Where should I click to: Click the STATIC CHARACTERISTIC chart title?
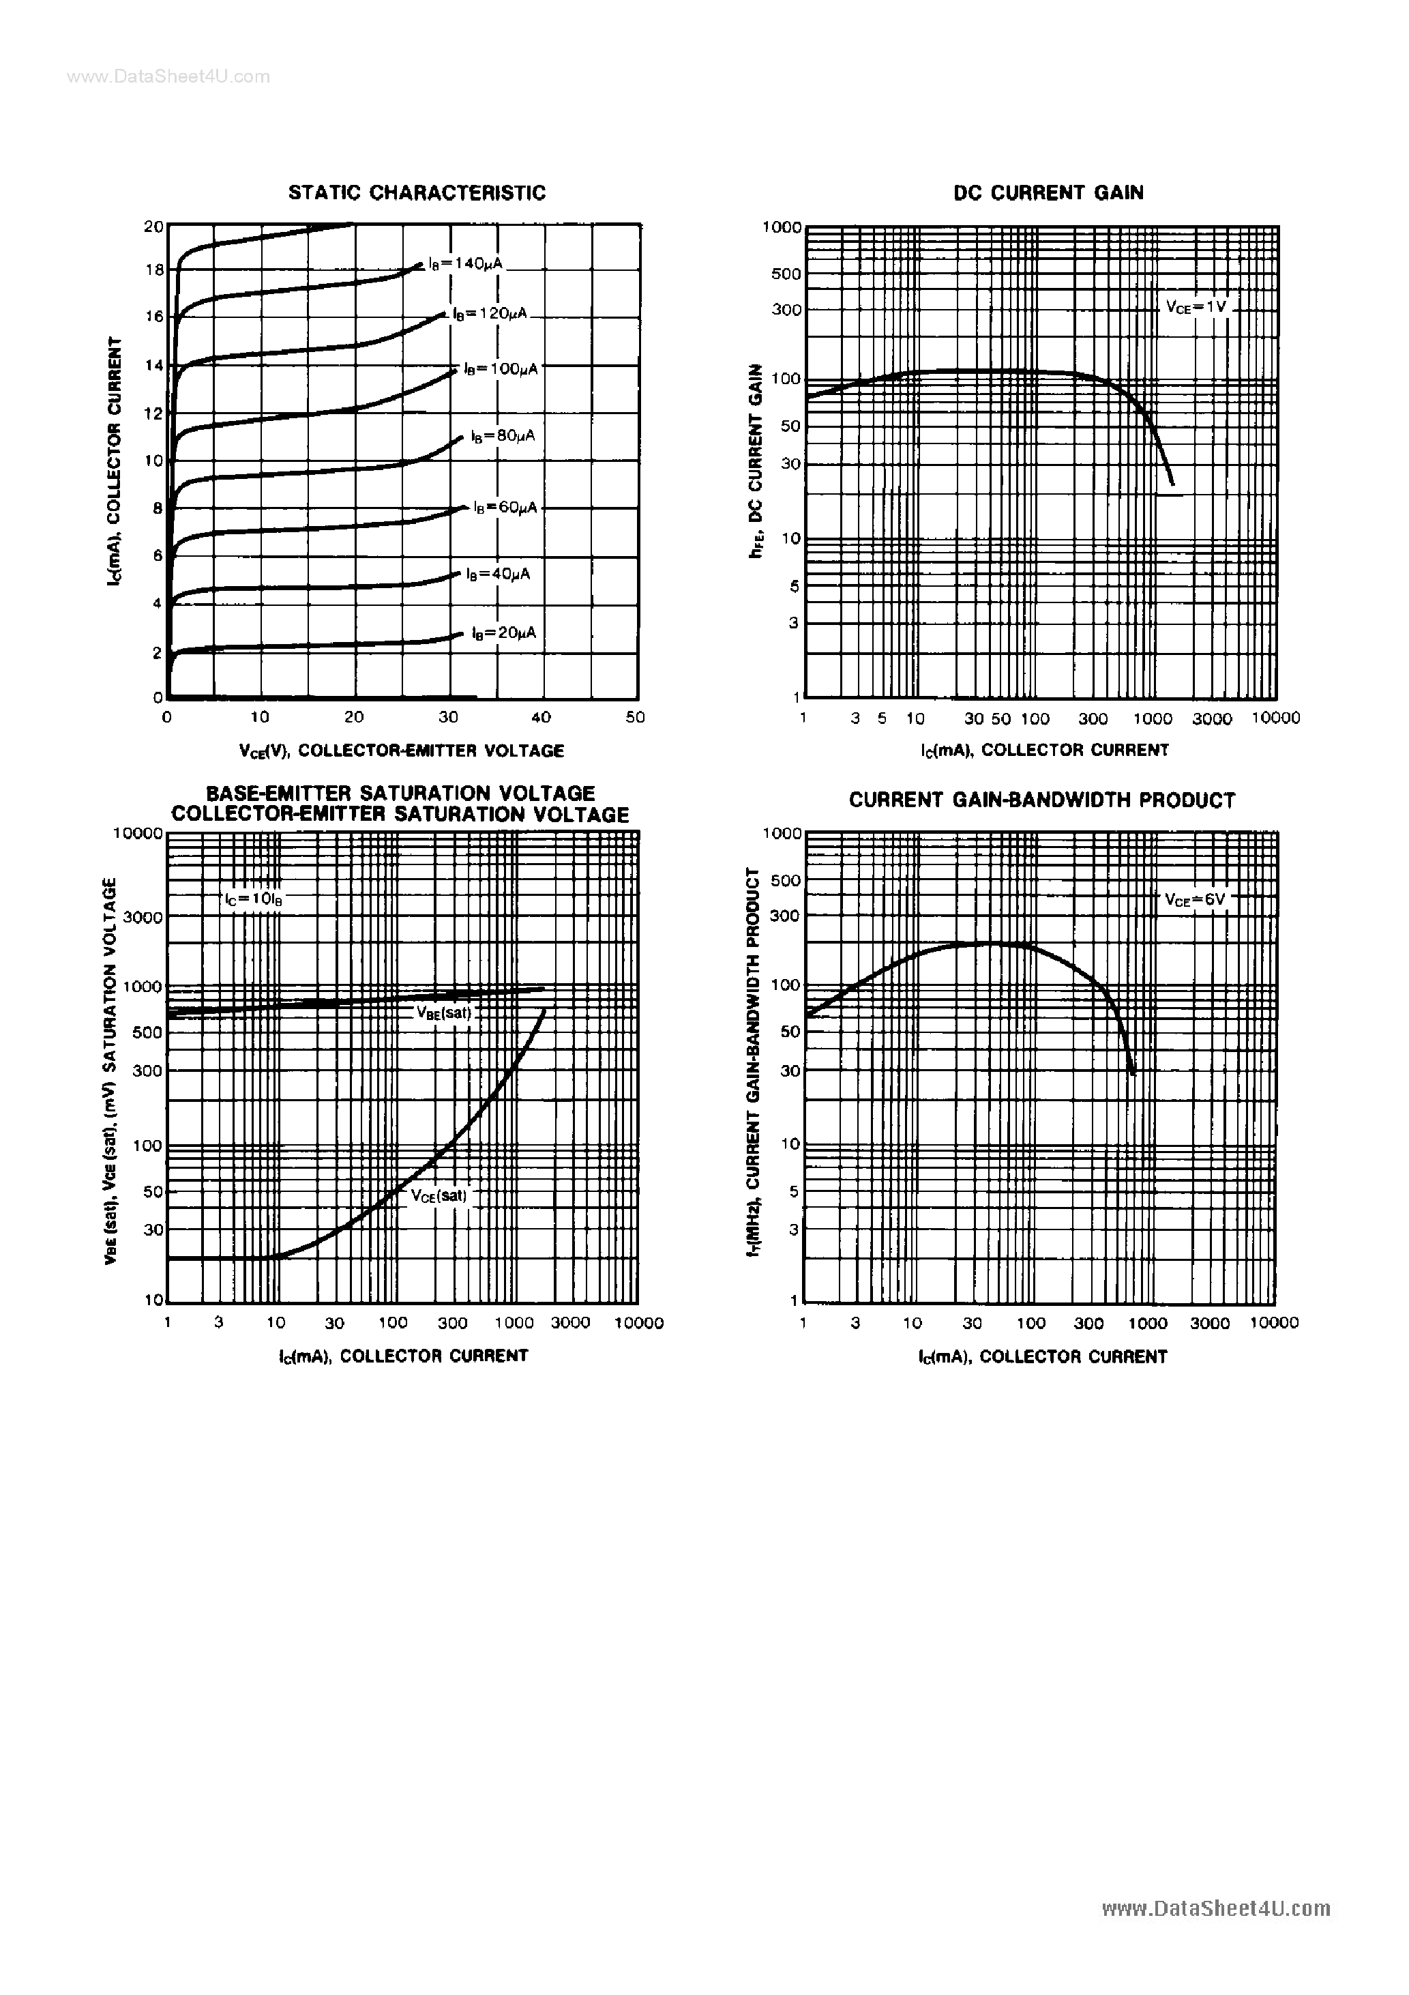[417, 193]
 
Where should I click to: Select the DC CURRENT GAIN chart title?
[1048, 193]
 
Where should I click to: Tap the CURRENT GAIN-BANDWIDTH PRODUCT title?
[1041, 800]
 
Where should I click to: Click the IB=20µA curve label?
[504, 633]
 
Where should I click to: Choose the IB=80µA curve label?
[503, 435]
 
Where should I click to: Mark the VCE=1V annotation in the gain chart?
[1196, 307]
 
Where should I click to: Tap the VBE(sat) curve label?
[443, 1013]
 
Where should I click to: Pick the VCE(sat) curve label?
[439, 1195]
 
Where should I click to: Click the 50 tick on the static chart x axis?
[636, 718]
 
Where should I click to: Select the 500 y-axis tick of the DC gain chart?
[786, 274]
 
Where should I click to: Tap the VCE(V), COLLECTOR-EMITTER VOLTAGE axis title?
[401, 751]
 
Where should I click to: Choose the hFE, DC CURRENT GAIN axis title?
[756, 461]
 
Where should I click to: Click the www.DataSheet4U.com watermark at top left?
[168, 76]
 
